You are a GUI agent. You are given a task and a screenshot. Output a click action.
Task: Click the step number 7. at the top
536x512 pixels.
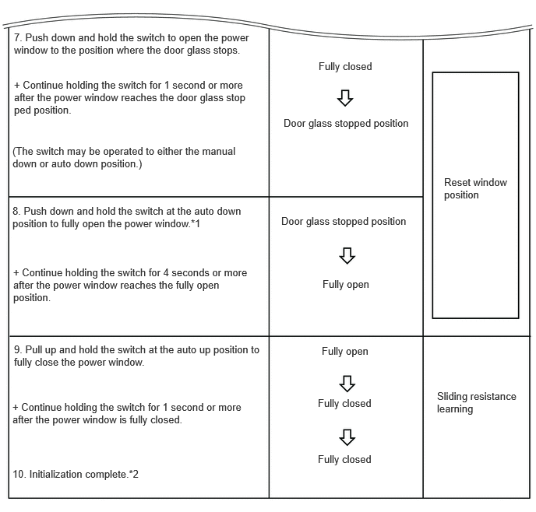click(18, 37)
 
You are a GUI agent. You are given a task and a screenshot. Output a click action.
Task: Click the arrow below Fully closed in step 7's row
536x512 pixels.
click(345, 97)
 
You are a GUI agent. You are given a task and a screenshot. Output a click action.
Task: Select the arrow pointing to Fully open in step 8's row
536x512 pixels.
click(347, 255)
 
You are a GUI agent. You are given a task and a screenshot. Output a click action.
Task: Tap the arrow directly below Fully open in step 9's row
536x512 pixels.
click(347, 383)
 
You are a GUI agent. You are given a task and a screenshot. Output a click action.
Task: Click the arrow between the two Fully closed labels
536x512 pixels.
click(347, 437)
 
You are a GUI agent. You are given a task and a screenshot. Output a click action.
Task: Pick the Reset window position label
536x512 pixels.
click(475, 188)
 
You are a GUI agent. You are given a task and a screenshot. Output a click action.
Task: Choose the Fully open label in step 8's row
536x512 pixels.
click(346, 285)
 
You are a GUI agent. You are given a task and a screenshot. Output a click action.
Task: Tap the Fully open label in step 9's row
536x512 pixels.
click(345, 352)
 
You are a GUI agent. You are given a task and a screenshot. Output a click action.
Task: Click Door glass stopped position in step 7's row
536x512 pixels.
click(346, 124)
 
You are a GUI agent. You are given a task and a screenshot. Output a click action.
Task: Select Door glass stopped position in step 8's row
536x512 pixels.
click(344, 222)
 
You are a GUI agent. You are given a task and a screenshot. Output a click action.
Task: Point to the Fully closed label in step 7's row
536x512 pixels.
click(345, 67)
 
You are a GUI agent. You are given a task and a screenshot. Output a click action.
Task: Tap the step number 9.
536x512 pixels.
click(18, 350)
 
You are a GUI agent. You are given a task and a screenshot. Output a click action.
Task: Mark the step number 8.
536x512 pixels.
click(16, 212)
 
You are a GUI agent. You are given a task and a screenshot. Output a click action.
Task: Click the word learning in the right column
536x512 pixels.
click(455, 409)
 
